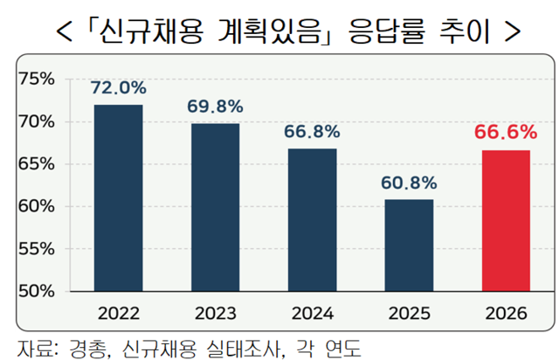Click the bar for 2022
click(118, 197)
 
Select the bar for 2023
click(215, 206)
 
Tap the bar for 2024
click(312, 219)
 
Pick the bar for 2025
click(409, 245)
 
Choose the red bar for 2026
click(505, 220)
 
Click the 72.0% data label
click(118, 88)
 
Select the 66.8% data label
click(312, 132)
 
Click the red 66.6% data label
click(505, 133)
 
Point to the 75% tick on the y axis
click(37, 79)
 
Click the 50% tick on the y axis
click(37, 290)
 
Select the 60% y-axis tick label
click(37, 206)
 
